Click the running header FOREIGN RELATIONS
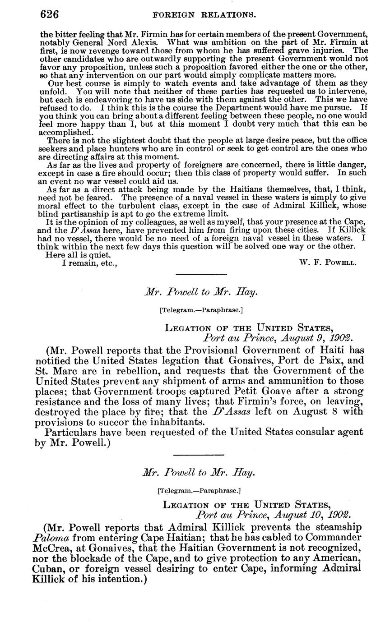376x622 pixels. (x=204, y=14)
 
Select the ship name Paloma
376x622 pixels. (x=48, y=537)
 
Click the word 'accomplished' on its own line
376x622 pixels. (x=66, y=133)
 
